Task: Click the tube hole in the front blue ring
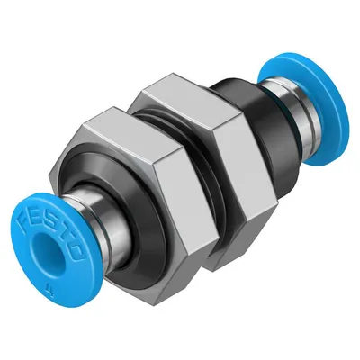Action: point(46,251)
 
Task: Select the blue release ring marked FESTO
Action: point(56,249)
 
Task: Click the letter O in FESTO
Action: point(76,251)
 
